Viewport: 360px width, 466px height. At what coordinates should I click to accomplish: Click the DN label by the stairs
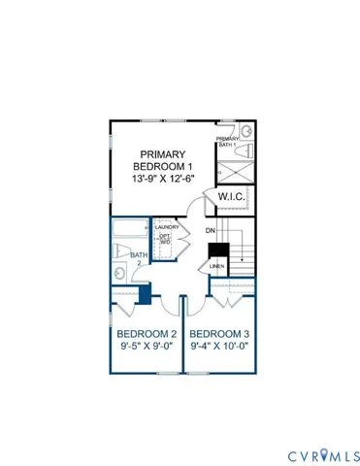pyautogui.click(x=210, y=230)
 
